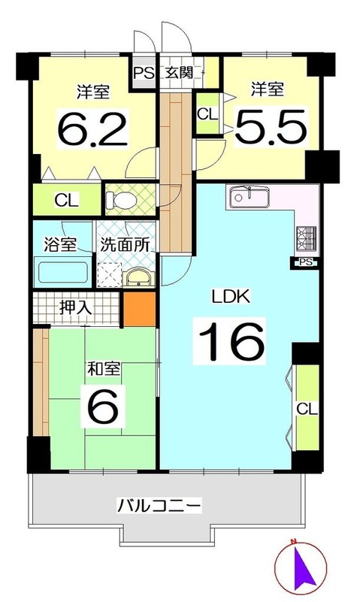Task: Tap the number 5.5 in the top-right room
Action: [271, 126]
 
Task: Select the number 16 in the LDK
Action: [231, 340]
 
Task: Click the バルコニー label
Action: [159, 505]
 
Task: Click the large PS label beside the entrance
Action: [144, 74]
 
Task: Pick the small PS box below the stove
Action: [304, 262]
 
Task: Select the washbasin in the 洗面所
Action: [138, 278]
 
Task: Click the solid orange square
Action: [139, 308]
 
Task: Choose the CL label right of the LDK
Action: [306, 410]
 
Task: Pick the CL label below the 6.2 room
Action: [66, 201]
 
